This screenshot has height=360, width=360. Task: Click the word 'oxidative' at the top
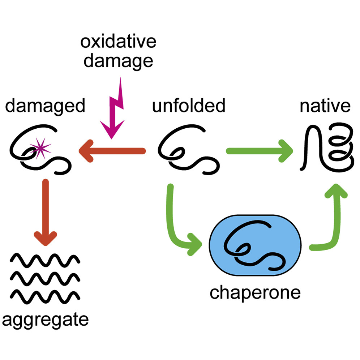118,42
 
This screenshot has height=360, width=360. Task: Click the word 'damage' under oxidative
118,61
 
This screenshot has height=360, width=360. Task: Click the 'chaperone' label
255,293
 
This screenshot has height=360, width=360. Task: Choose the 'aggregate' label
45,320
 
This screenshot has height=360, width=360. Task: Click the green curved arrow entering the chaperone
177,224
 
